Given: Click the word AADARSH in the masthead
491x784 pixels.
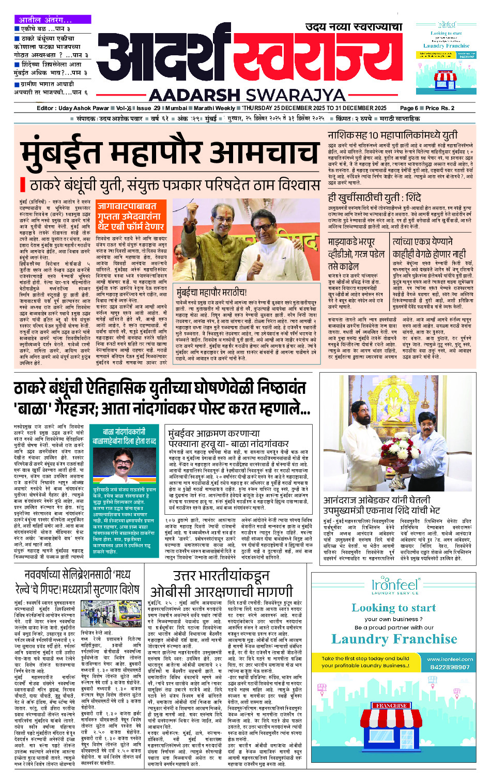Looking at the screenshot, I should pyautogui.click(x=194, y=95).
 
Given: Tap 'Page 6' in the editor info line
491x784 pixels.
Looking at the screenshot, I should pyautogui.click(x=409, y=108).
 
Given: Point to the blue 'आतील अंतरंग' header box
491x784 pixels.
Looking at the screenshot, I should pyautogui.click(x=45, y=20).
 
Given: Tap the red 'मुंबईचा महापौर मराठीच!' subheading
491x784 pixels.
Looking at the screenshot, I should pyautogui.click(x=211, y=292).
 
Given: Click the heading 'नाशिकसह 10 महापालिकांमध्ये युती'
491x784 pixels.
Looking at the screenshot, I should pyautogui.click(x=392, y=135).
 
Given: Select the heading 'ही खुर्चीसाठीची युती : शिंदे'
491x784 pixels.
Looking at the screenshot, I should pyautogui.click(x=375, y=197).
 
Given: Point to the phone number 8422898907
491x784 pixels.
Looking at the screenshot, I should pyautogui.click(x=450, y=667).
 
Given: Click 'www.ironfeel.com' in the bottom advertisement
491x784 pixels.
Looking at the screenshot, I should pyautogui.click(x=450, y=659).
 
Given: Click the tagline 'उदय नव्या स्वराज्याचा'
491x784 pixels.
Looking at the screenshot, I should pyautogui.click(x=354, y=27).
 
